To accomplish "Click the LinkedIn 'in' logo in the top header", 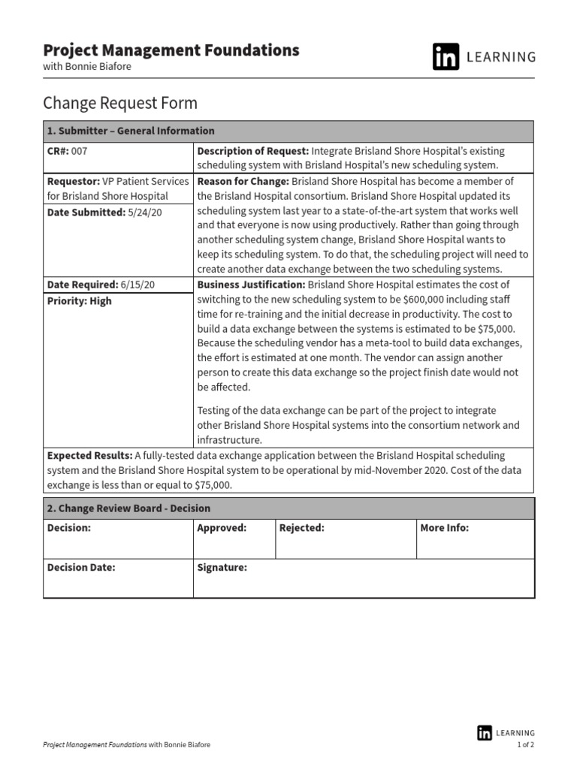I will [x=446, y=57].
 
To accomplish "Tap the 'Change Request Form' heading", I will [x=120, y=103].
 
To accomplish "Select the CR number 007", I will [x=80, y=151].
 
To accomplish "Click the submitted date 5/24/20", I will [x=145, y=213].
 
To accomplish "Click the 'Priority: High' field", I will [x=79, y=301].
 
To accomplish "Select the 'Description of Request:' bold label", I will [x=252, y=151].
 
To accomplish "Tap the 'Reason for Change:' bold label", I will [x=243, y=182].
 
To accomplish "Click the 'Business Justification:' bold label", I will [x=251, y=285].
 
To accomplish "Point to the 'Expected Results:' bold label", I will [x=89, y=456].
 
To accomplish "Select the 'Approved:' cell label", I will [x=222, y=528].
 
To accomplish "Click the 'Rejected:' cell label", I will [x=301, y=528].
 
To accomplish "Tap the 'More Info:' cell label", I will [x=444, y=528].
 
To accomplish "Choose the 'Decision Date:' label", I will [x=81, y=568].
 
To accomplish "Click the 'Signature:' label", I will [x=222, y=568].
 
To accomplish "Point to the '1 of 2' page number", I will [x=525, y=745].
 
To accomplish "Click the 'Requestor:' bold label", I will [x=74, y=182].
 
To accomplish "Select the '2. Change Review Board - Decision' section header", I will [x=128, y=508].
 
